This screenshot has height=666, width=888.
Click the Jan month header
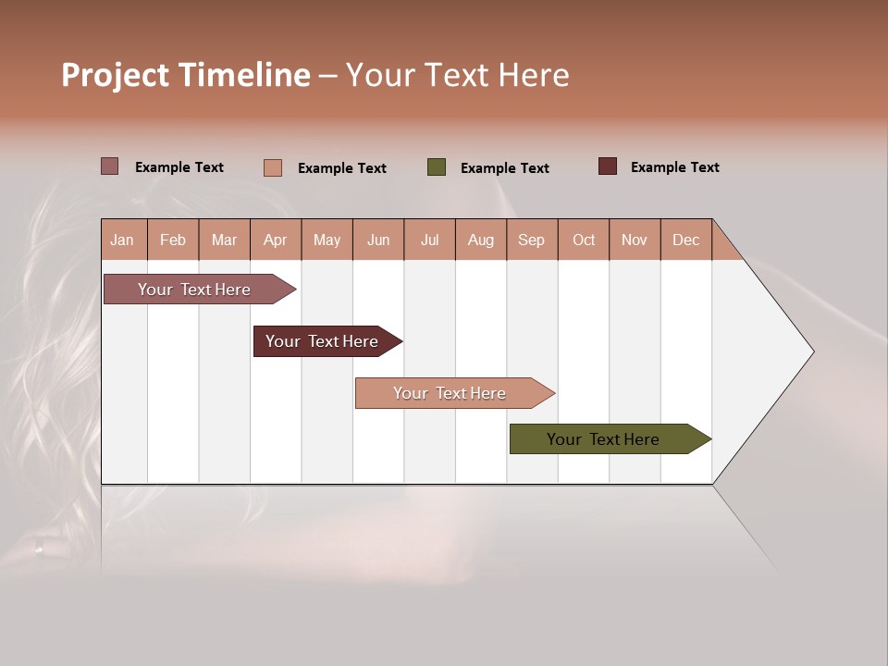click(122, 240)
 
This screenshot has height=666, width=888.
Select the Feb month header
click(173, 240)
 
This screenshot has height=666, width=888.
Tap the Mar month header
click(224, 240)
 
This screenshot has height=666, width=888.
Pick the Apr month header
click(276, 240)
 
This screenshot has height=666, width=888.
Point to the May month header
click(327, 240)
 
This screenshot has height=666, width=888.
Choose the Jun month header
click(378, 240)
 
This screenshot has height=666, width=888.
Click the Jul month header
click(429, 240)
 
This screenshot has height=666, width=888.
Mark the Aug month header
click(481, 240)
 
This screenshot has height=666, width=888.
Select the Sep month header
click(532, 240)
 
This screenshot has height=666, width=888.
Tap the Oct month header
click(584, 240)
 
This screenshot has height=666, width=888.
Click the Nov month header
click(635, 240)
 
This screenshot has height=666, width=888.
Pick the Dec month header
click(686, 240)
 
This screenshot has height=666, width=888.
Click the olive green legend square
click(437, 167)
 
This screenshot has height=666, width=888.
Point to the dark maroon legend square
click(608, 166)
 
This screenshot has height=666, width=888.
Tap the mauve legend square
click(110, 166)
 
